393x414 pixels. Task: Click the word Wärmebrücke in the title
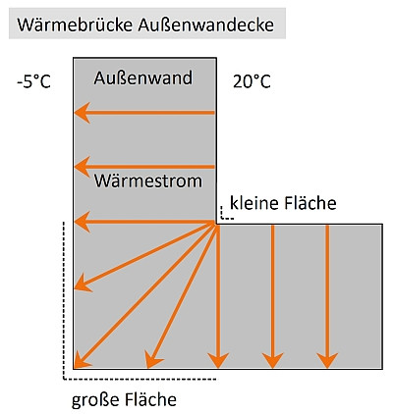(76, 25)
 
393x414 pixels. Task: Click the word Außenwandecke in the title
(205, 25)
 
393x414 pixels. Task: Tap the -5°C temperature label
(34, 81)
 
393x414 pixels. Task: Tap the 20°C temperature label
(252, 81)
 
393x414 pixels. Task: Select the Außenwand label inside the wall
(143, 78)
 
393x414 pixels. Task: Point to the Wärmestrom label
(148, 181)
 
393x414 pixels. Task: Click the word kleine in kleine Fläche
(253, 202)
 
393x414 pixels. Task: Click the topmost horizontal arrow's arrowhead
(82, 113)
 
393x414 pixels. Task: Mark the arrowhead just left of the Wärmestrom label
(82, 167)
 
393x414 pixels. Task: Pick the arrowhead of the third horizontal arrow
(82, 222)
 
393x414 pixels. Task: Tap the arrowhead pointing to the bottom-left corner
(82, 361)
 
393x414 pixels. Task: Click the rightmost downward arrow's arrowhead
(327, 360)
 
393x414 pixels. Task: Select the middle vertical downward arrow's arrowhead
(272, 360)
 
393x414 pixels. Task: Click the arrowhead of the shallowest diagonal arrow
(83, 284)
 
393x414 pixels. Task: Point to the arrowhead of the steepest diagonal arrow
(152, 359)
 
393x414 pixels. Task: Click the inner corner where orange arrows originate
(216, 224)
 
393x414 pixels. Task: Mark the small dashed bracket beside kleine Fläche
(226, 216)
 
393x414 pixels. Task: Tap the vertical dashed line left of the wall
(63, 300)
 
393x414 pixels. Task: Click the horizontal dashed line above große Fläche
(140, 380)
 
